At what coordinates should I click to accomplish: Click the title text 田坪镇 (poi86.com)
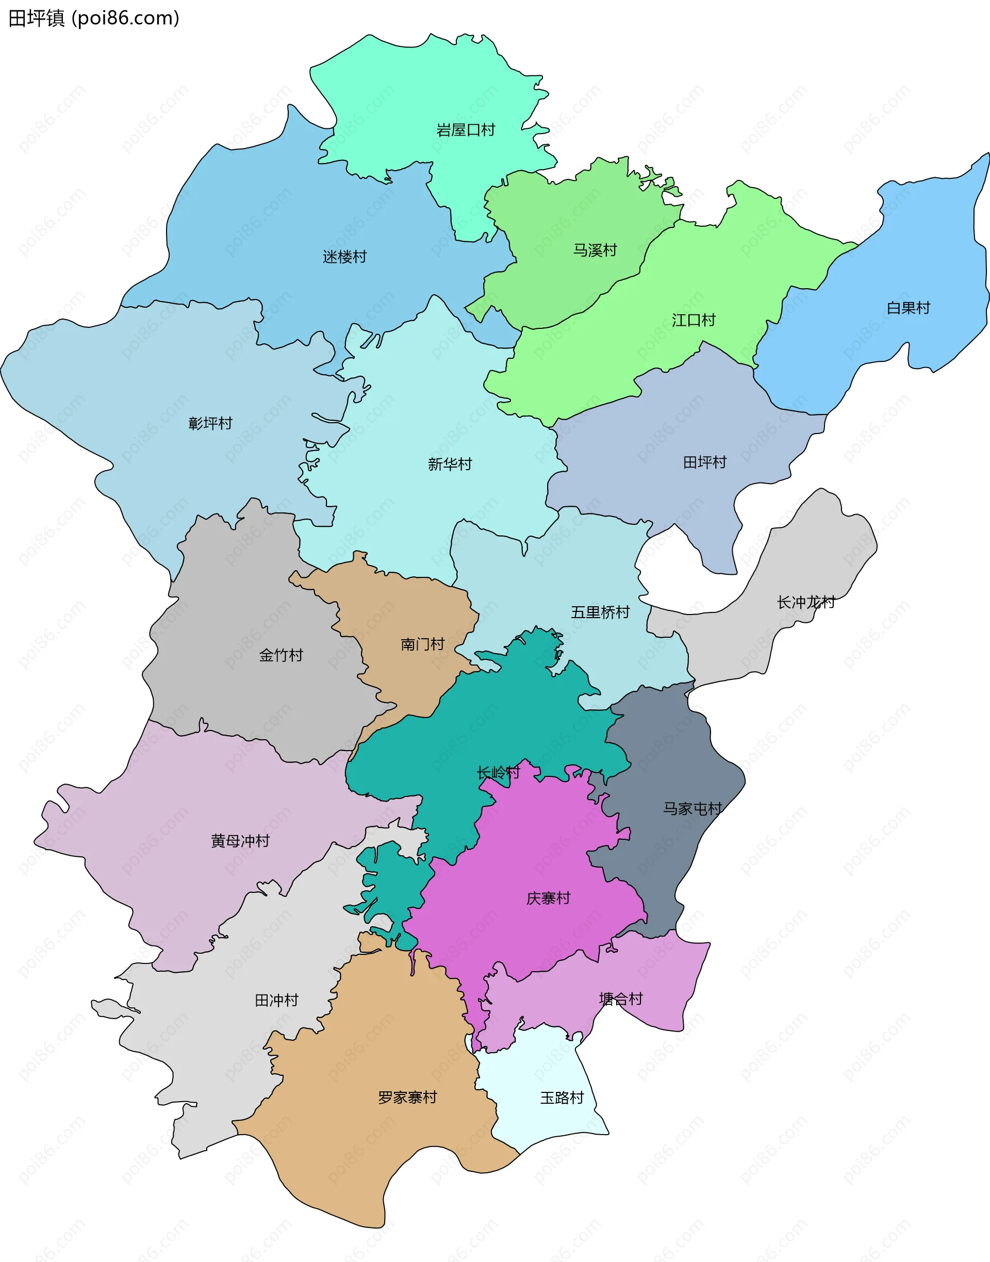click(x=94, y=19)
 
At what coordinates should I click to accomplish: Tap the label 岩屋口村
click(x=466, y=130)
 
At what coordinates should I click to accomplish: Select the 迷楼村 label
click(x=345, y=256)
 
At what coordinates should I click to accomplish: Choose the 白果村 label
click(x=908, y=308)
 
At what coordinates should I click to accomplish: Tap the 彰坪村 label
click(x=210, y=423)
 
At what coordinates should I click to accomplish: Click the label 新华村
click(x=450, y=463)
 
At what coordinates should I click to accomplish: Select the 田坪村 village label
click(x=705, y=462)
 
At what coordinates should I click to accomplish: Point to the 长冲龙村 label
click(x=806, y=602)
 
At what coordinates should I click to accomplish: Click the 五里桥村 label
click(x=600, y=612)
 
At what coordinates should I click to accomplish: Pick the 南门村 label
click(x=422, y=644)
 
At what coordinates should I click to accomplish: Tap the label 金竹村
click(x=281, y=655)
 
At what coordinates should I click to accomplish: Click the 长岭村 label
click(x=499, y=772)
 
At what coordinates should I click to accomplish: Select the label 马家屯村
click(x=692, y=808)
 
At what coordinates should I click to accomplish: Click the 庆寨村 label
click(x=548, y=898)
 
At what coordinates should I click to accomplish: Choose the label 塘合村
click(x=621, y=999)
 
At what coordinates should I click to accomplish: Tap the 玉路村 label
click(x=562, y=1098)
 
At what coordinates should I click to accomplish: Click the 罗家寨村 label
click(x=407, y=1097)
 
